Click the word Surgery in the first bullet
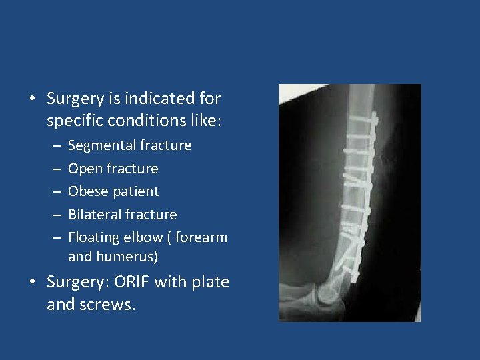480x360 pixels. point(75,99)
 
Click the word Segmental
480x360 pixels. point(103,145)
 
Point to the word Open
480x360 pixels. point(84,169)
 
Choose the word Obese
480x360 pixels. point(87,191)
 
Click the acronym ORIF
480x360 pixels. point(132,282)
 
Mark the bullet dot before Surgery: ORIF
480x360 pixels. point(32,283)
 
